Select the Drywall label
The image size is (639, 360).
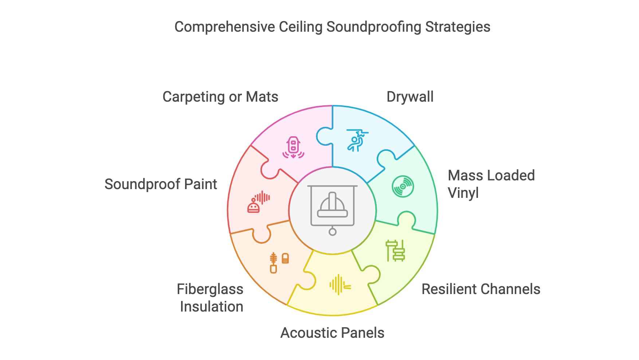(x=410, y=97)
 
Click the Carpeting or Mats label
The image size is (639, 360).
(x=220, y=97)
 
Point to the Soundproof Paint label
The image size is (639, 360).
(x=161, y=184)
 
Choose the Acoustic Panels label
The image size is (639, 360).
(x=332, y=333)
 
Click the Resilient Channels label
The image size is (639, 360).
(x=481, y=289)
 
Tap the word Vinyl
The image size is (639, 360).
(x=463, y=193)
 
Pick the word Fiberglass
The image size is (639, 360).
(x=210, y=289)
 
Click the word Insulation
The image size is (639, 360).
(x=211, y=307)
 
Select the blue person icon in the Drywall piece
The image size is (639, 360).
(x=356, y=141)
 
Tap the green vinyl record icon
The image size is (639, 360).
(x=403, y=187)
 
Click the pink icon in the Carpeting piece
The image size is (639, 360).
(x=293, y=148)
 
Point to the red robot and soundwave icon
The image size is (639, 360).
(x=258, y=202)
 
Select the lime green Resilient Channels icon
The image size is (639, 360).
(x=395, y=251)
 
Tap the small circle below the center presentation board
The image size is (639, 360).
(x=332, y=232)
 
